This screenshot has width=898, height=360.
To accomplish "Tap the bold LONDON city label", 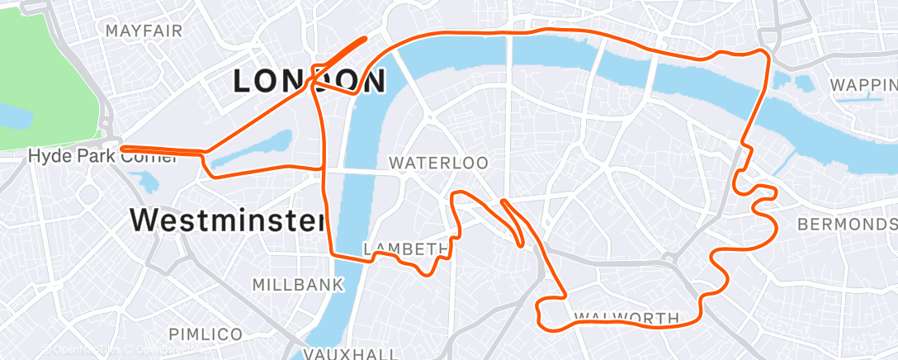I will (310, 82).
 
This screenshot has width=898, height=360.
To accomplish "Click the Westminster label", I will (226, 220).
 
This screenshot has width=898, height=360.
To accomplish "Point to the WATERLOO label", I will (438, 163).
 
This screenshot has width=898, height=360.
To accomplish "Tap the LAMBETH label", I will (406, 249).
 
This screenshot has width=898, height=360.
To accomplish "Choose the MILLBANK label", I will (297, 285).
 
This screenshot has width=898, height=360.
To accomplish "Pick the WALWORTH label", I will (626, 318).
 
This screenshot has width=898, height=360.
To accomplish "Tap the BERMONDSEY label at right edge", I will (847, 225).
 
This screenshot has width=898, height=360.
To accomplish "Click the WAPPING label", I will (863, 85).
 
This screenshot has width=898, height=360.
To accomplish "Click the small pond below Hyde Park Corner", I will (147, 181).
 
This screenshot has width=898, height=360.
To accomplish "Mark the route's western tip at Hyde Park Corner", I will (123, 149).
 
